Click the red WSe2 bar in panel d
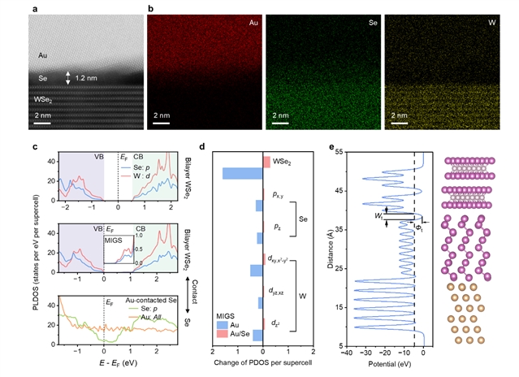[x=266, y=162]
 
